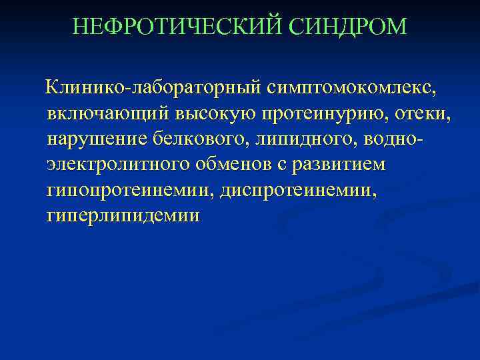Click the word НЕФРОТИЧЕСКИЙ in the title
(179, 27)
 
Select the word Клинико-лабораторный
(153, 88)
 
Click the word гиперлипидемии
(123, 217)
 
